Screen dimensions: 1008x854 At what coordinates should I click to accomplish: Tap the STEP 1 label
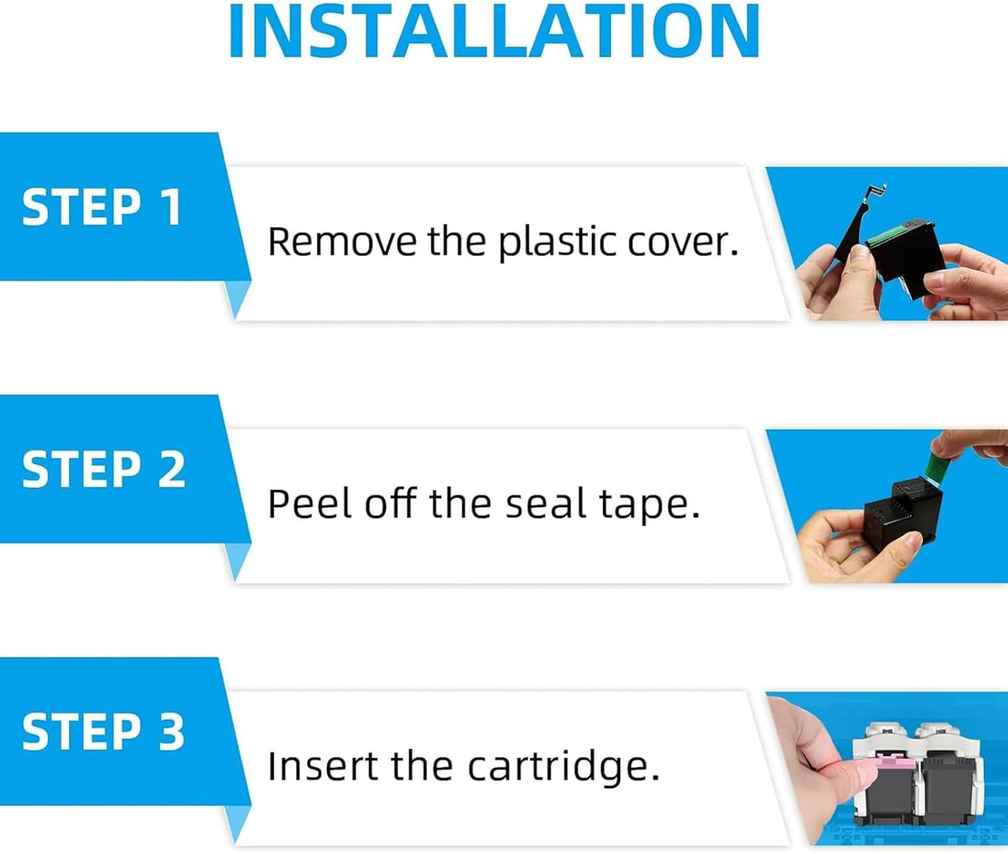101,207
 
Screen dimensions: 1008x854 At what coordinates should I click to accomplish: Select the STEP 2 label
103,469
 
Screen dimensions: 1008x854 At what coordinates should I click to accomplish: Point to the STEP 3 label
103,732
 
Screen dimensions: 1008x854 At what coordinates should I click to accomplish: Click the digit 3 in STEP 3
171,732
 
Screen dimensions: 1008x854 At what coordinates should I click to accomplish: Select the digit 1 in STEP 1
171,207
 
